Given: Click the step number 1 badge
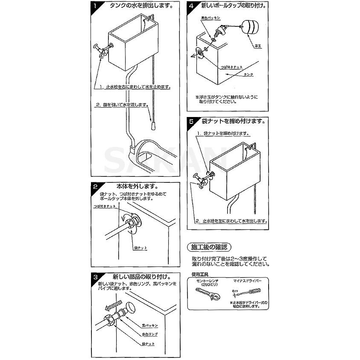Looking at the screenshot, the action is pyautogui.click(x=95, y=6).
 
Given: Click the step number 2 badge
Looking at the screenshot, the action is pyautogui.click(x=95, y=187).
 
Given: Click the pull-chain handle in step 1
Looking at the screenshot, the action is pyautogui.click(x=153, y=125).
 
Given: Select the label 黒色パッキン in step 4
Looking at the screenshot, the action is pyautogui.click(x=211, y=18).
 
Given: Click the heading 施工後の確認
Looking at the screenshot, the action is pyautogui.click(x=209, y=247).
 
